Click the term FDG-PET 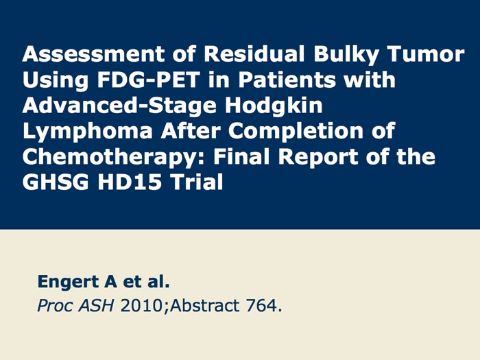(149, 80)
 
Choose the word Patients (287, 80)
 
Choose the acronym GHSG (56, 182)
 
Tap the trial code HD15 (130, 182)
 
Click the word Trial (197, 182)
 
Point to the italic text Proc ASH (75, 305)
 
